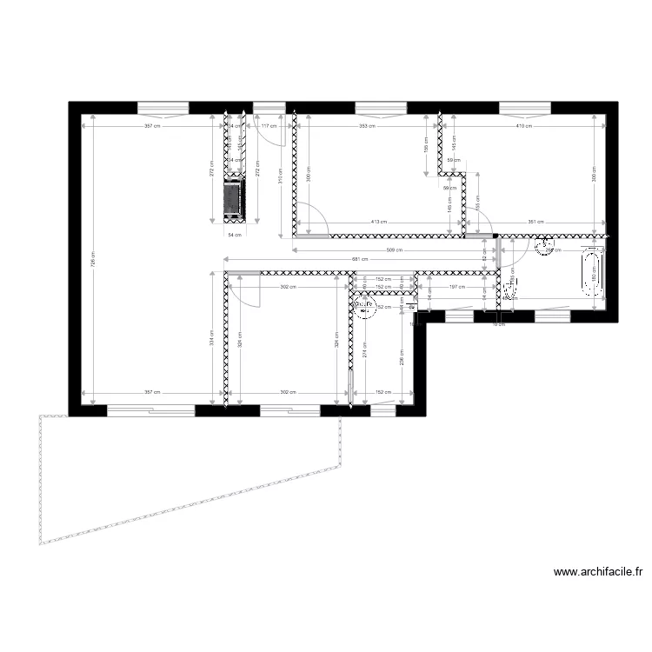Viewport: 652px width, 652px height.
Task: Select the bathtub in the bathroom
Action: pyautogui.click(x=595, y=273)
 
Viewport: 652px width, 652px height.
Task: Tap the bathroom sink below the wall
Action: pyautogui.click(x=547, y=247)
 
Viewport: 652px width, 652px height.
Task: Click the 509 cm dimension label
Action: pyautogui.click(x=393, y=250)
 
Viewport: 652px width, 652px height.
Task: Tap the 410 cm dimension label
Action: pyautogui.click(x=522, y=125)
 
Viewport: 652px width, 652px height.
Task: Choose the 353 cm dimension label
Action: pyautogui.click(x=367, y=125)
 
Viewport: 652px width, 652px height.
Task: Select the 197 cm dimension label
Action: pyautogui.click(x=453, y=285)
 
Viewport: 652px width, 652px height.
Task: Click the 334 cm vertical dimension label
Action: pyautogui.click(x=211, y=341)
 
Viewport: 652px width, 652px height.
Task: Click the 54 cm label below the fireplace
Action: pyautogui.click(x=232, y=235)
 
